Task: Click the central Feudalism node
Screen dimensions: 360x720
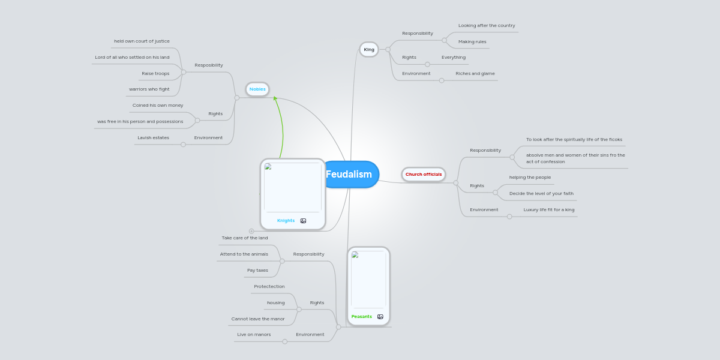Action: (x=350, y=175)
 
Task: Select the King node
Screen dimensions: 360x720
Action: (x=369, y=49)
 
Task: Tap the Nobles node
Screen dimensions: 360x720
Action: (x=257, y=89)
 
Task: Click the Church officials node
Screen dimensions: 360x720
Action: (x=424, y=175)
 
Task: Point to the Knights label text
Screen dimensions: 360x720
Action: (x=286, y=221)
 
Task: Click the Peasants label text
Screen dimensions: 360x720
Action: (x=361, y=316)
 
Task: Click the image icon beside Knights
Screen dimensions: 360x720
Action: (x=303, y=221)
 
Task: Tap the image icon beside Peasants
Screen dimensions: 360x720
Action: (x=380, y=316)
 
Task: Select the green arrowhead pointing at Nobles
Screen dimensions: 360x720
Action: (x=275, y=98)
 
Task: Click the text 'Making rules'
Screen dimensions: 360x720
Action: (x=472, y=42)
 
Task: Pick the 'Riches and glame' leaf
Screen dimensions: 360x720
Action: (x=475, y=74)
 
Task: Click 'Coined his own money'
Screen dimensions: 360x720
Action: (x=158, y=106)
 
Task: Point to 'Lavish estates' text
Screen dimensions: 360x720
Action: (x=153, y=138)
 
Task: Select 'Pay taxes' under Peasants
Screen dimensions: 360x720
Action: (x=257, y=271)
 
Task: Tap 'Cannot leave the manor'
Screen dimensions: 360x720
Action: (x=258, y=319)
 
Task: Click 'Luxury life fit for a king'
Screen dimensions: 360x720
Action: (x=548, y=210)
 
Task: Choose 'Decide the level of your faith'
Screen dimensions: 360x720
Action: (x=541, y=194)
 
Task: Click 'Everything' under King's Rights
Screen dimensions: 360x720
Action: (x=454, y=58)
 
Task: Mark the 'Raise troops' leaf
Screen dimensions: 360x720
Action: (x=155, y=74)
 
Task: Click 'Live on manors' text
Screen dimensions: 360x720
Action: (x=254, y=335)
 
